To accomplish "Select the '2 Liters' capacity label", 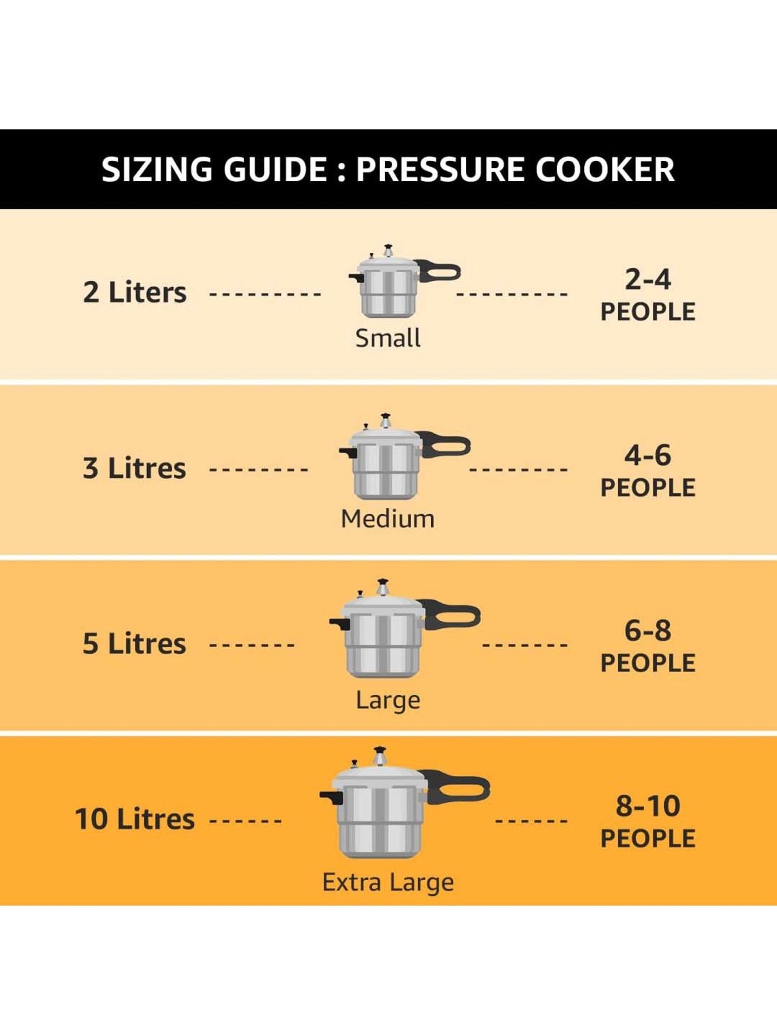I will (135, 292).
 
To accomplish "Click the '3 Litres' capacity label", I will (134, 468).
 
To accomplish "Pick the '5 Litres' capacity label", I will (134, 644).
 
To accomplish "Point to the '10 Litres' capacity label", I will (135, 819).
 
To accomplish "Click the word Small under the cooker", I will (387, 338).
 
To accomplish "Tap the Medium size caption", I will (387, 519).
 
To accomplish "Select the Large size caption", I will (387, 701).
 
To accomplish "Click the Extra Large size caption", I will (387, 882).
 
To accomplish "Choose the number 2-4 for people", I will (647, 279).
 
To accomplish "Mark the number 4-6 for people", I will (647, 455).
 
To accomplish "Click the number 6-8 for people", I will (647, 631).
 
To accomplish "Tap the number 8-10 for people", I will (647, 806).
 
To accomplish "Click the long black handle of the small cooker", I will (440, 271).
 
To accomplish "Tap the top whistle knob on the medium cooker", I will (385, 419).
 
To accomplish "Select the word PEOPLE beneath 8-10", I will (647, 839).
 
